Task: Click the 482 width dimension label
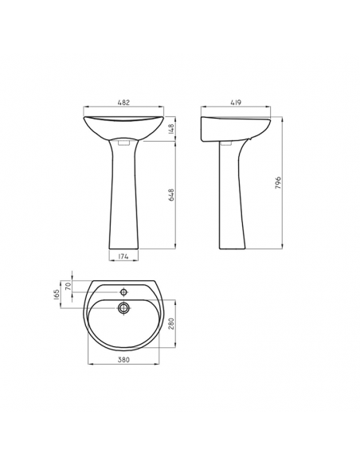click(x=123, y=103)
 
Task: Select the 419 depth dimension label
click(x=236, y=103)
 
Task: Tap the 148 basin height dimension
click(x=172, y=129)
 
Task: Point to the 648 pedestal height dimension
click(x=172, y=195)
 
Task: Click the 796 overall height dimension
click(x=277, y=183)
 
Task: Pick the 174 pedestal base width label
click(x=123, y=256)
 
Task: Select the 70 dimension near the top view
click(x=68, y=286)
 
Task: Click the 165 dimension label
click(x=57, y=295)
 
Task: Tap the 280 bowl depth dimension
click(x=170, y=323)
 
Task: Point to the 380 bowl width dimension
click(x=123, y=359)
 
